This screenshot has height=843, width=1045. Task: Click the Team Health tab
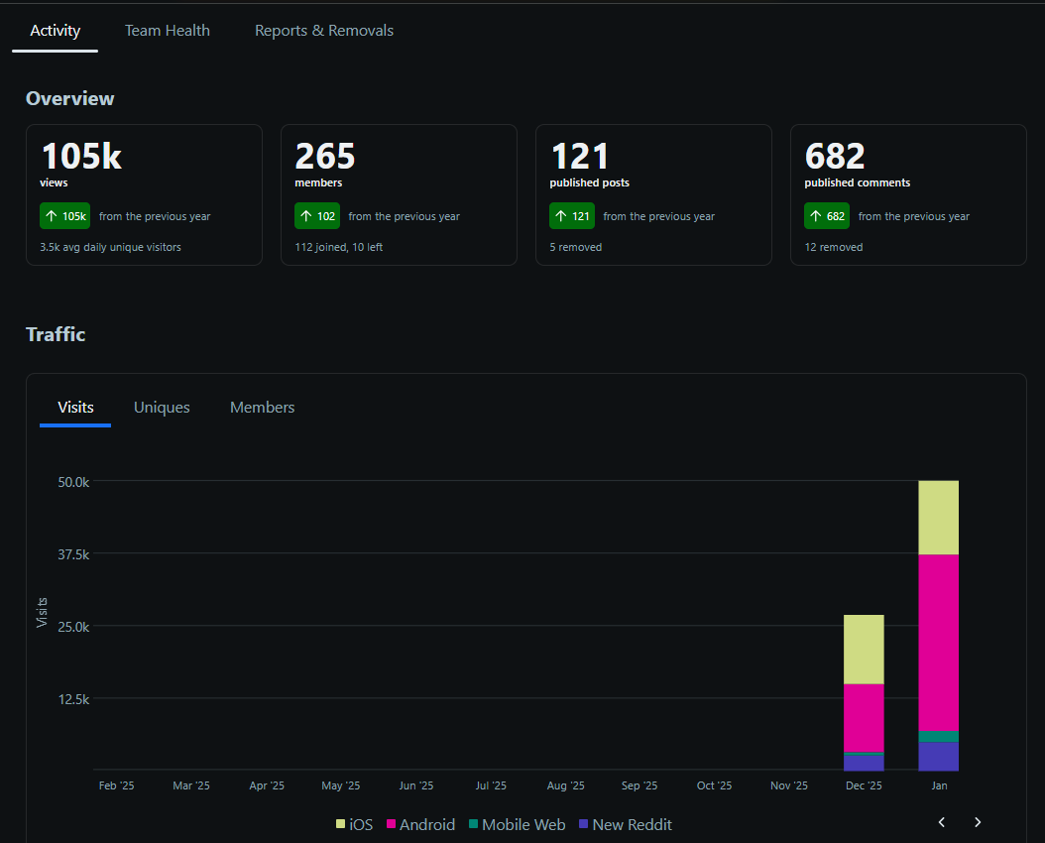click(167, 31)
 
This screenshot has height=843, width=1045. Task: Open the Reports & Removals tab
click(323, 31)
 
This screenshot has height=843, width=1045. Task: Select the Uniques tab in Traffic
click(162, 408)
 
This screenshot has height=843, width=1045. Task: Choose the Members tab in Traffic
click(262, 408)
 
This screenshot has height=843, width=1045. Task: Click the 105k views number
click(81, 157)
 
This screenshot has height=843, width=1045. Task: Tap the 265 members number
click(325, 157)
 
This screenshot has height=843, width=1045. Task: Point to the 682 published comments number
click(835, 157)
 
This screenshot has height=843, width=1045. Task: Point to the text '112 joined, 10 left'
click(338, 247)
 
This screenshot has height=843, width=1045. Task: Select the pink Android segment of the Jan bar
click(938, 642)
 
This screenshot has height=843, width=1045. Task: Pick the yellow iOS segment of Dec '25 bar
click(864, 650)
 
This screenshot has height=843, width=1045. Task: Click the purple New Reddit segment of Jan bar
click(938, 756)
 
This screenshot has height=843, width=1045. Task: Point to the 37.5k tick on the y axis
click(73, 554)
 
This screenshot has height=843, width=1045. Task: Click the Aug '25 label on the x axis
click(564, 785)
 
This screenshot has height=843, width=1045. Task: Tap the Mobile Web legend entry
click(516, 824)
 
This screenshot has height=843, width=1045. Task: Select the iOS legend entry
click(354, 824)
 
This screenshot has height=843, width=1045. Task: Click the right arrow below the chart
click(978, 822)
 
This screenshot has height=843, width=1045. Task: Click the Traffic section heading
click(56, 334)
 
